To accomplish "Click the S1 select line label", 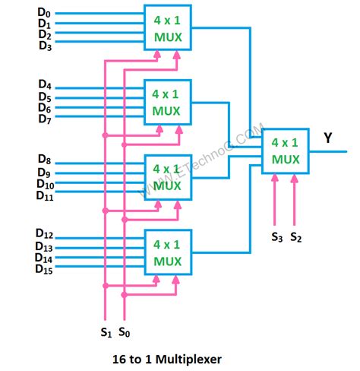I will pyautogui.click(x=105, y=331).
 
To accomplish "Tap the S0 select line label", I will pyautogui.click(x=123, y=331).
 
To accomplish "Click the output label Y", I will pyautogui.click(x=328, y=138).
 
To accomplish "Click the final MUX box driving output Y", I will pyautogui.click(x=286, y=152).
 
